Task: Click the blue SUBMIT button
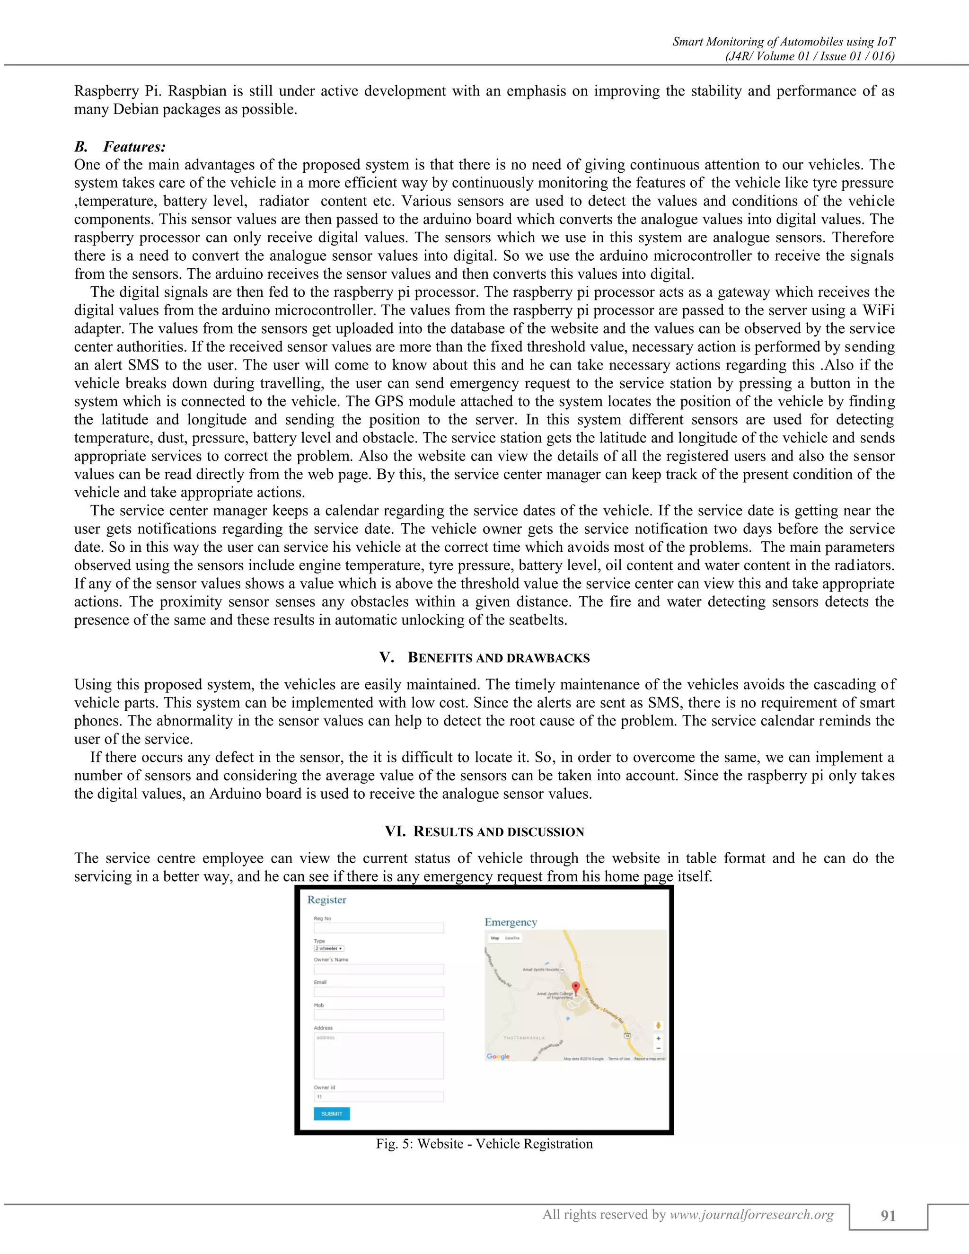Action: coord(331,1113)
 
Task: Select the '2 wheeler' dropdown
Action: coord(328,948)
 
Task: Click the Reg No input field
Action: coord(379,927)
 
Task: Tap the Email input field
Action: coord(379,991)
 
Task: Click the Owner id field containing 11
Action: coord(379,1097)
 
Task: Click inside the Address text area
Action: coord(379,1055)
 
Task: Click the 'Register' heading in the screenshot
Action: coord(326,900)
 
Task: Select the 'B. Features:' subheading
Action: coord(120,147)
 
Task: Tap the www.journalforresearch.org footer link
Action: coord(751,1214)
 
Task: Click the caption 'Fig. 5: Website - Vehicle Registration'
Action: coord(484,1144)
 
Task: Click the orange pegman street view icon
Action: coord(659,1025)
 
